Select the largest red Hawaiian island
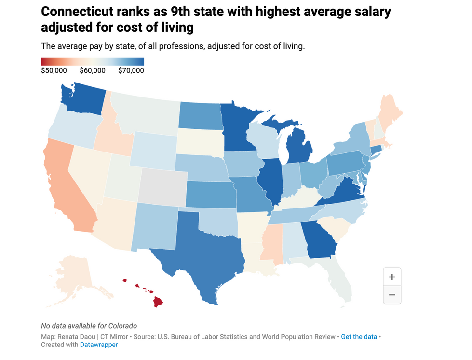[x=158, y=302]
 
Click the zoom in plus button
[x=392, y=277]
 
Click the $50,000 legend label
[x=54, y=70]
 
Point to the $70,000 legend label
[x=131, y=70]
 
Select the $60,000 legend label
[x=92, y=70]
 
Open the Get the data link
[x=359, y=337]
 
